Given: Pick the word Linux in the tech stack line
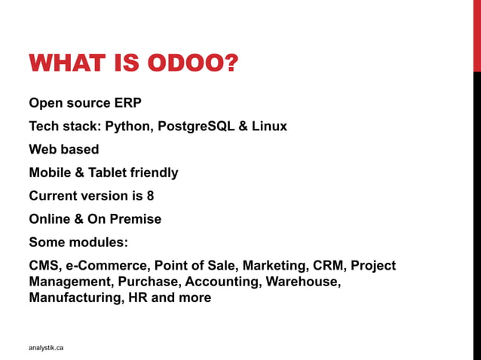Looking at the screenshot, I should coord(269,127).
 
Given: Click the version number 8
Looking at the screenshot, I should coord(150,196).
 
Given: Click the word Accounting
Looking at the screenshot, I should coord(219,282).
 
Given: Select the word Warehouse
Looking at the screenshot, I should coord(300,282).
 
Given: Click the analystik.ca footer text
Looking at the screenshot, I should coord(46,347).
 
